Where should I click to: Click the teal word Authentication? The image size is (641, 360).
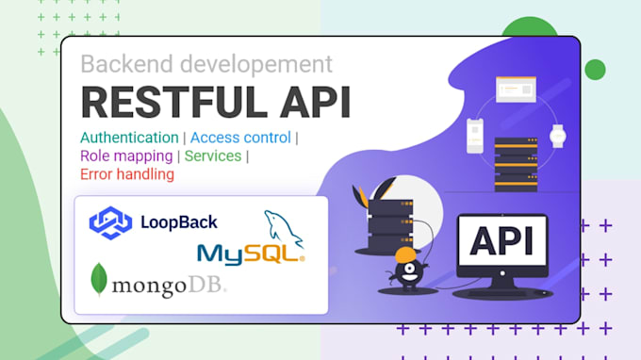(x=129, y=138)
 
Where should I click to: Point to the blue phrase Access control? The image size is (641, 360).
(x=240, y=138)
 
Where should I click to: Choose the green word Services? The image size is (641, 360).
(x=213, y=155)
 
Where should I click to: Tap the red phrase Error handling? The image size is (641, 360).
(x=127, y=174)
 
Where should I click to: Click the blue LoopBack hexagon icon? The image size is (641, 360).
(x=108, y=223)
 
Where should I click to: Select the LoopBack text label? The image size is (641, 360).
(x=178, y=223)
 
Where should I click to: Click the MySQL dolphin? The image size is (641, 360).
(x=284, y=229)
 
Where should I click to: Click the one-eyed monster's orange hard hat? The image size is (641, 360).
(x=405, y=256)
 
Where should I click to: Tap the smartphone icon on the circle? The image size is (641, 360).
(x=475, y=136)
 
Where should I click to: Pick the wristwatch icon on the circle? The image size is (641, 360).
(x=558, y=136)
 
